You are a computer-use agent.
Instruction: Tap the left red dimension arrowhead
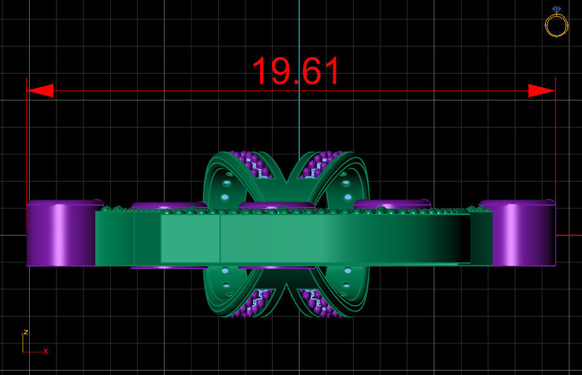(x=39, y=91)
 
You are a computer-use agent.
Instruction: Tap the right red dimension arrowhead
(x=542, y=91)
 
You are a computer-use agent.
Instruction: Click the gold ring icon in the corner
(x=556, y=23)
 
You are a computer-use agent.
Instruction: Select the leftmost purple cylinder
(x=60, y=234)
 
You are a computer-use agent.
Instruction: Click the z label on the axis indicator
(x=25, y=332)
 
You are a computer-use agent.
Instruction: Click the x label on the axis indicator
(x=46, y=351)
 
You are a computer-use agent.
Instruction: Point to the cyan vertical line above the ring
(x=299, y=76)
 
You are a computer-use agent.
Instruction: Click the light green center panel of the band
(x=190, y=239)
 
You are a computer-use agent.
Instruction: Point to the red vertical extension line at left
(x=27, y=140)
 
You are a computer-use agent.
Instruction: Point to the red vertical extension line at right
(x=555, y=140)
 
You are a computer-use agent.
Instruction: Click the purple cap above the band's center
(x=277, y=206)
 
